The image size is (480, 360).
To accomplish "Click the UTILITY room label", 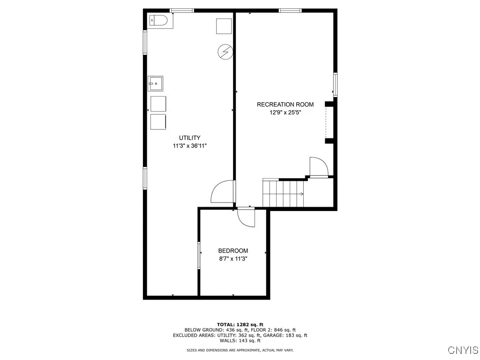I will pyautogui.click(x=190, y=138).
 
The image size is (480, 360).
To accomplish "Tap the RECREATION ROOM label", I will pyautogui.click(x=285, y=105).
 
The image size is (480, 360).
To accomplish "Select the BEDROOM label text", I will pyautogui.click(x=233, y=251).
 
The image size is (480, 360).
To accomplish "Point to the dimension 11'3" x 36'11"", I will pyautogui.click(x=190, y=146).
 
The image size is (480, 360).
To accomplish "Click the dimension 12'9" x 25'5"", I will pyautogui.click(x=285, y=112).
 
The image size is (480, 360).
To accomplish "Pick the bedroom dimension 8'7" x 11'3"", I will pyautogui.click(x=233, y=258).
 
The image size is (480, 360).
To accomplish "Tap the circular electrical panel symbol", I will pyautogui.click(x=225, y=51).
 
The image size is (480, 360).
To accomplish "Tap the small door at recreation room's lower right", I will pyautogui.click(x=318, y=167).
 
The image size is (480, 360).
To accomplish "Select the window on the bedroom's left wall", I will pyautogui.click(x=199, y=255).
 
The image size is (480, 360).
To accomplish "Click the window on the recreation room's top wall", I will pyautogui.click(x=290, y=10).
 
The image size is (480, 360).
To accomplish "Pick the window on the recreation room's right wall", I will pyautogui.click(x=335, y=85).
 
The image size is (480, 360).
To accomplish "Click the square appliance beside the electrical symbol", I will pyautogui.click(x=224, y=26).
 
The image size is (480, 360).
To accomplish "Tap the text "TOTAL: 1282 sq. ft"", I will pyautogui.click(x=240, y=324).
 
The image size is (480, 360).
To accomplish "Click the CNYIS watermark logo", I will pyautogui.click(x=463, y=350).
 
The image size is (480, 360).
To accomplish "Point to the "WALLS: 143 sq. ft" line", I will pyautogui.click(x=240, y=341).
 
